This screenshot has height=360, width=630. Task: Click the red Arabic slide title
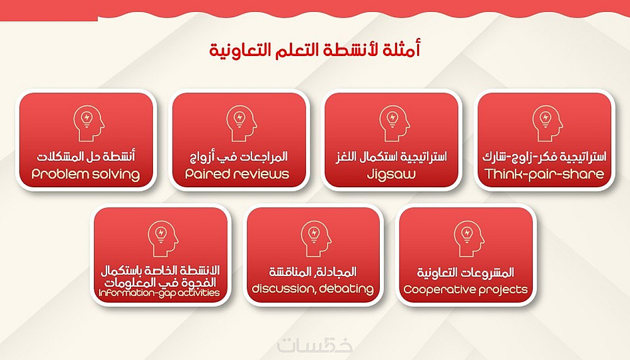click(314, 50)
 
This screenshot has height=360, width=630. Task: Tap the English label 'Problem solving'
click(86, 174)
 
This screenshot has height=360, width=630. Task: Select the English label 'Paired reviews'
click(237, 174)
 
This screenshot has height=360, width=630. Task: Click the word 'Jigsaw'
click(391, 174)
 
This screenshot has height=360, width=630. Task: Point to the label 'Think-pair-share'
click(544, 174)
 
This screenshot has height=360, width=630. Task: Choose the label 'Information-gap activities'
click(159, 293)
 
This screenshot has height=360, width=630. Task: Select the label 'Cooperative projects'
click(466, 289)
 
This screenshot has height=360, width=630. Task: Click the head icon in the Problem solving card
click(89, 123)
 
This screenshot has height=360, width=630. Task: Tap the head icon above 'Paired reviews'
click(241, 123)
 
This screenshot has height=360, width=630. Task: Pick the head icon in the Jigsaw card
click(394, 123)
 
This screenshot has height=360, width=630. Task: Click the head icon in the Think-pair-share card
click(547, 123)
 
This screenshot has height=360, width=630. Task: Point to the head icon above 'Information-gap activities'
click(163, 238)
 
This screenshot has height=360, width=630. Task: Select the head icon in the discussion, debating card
click(316, 238)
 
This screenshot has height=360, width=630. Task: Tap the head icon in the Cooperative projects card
click(469, 238)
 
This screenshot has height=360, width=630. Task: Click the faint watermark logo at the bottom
click(314, 345)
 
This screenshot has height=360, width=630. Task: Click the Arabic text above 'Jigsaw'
click(391, 156)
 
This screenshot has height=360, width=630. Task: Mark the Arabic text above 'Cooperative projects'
click(466, 272)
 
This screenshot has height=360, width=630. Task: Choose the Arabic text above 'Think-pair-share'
click(544, 156)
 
